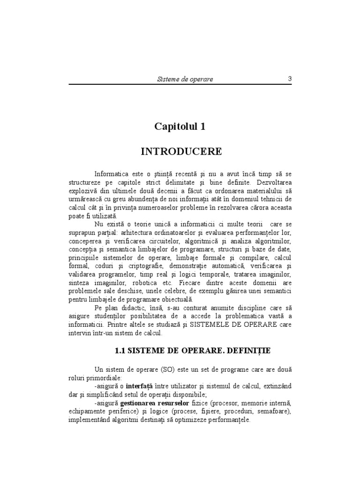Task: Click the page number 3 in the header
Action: [290, 79]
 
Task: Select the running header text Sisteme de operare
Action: [185, 79]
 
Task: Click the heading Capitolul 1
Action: [180, 127]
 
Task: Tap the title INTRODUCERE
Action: [181, 152]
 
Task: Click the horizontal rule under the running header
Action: [180, 84]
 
